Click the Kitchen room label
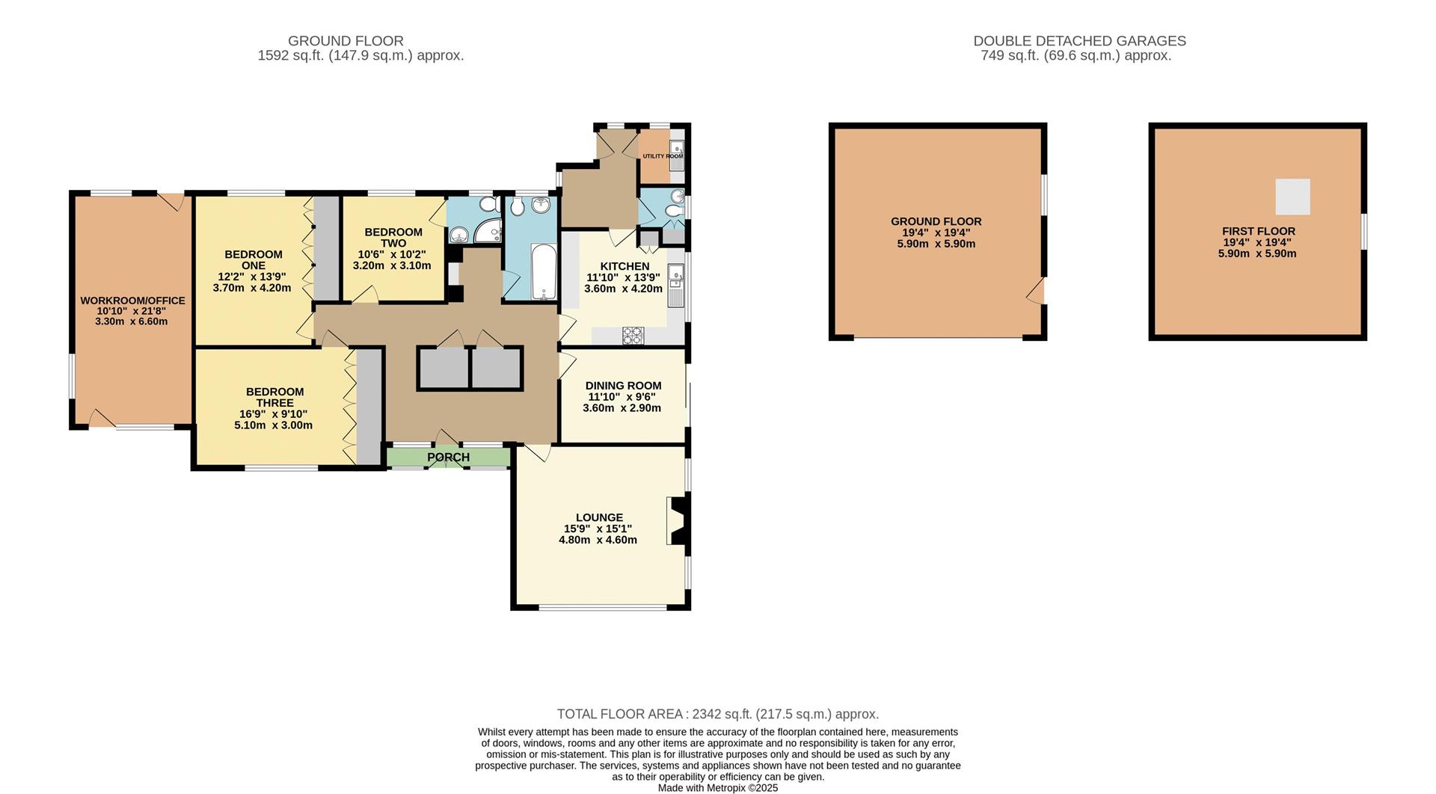pos(625,266)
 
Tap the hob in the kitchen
pos(633,336)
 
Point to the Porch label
pos(448,457)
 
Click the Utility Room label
pos(662,156)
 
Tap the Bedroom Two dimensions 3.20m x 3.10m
pos(392,265)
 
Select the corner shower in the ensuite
pos(490,232)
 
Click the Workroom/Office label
pos(132,301)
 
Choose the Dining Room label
pos(623,386)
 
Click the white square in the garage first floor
pos(1292,197)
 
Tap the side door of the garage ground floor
pos(1037,292)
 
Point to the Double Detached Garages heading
pos(1079,41)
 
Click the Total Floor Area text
pos(717,714)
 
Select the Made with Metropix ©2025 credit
pos(717,788)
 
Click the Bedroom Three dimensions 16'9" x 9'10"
pos(273,414)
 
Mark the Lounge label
pos(599,517)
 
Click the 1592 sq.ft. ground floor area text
pos(360,55)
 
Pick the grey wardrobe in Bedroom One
pos(325,248)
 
